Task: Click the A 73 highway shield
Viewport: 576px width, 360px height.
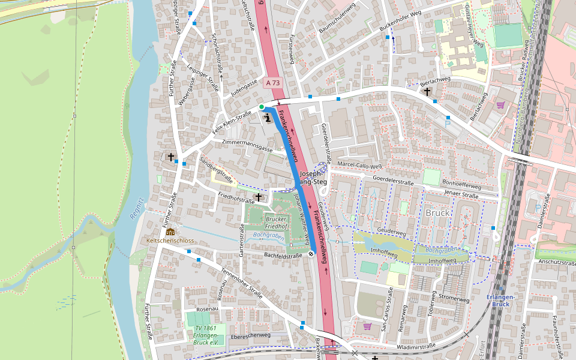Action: pyautogui.click(x=273, y=83)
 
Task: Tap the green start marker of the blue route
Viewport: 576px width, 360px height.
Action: pyautogui.click(x=262, y=107)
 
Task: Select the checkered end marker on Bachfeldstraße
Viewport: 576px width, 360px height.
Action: pyautogui.click(x=311, y=254)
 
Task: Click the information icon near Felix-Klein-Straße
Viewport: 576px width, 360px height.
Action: pyautogui.click(x=268, y=118)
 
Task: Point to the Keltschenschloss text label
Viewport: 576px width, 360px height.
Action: pyautogui.click(x=170, y=240)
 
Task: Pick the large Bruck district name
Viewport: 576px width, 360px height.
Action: pyautogui.click(x=437, y=213)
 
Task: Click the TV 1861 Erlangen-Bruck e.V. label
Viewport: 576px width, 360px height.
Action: pyautogui.click(x=205, y=335)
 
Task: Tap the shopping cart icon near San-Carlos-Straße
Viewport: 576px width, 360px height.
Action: pyautogui.click(x=367, y=326)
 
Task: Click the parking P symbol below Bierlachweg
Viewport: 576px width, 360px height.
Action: pyautogui.click(x=448, y=123)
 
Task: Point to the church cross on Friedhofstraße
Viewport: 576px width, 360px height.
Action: pyautogui.click(x=259, y=197)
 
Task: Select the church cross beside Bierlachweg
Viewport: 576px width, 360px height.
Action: pyautogui.click(x=427, y=92)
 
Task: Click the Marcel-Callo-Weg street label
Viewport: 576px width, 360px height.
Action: pyautogui.click(x=359, y=166)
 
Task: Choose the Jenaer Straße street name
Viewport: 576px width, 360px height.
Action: pyautogui.click(x=461, y=195)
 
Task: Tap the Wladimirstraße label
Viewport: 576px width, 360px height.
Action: pyautogui.click(x=416, y=346)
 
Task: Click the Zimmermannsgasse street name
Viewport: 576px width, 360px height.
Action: pyautogui.click(x=247, y=145)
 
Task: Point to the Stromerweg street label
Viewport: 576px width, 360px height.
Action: pyautogui.click(x=454, y=298)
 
